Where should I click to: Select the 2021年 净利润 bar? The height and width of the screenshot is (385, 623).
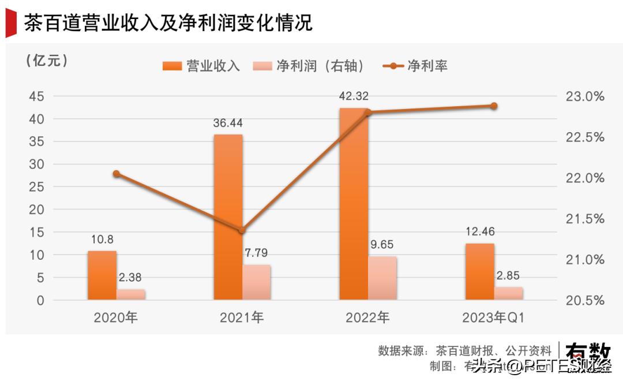click(256, 282)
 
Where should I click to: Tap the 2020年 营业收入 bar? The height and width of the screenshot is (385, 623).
click(102, 275)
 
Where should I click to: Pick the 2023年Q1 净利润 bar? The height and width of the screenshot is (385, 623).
click(508, 293)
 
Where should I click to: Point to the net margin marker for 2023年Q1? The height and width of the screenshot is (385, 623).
click(494, 106)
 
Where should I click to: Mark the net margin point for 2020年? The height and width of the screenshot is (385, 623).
click(117, 174)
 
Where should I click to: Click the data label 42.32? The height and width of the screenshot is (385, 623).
click(354, 96)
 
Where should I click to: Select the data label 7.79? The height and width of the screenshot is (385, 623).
click(256, 253)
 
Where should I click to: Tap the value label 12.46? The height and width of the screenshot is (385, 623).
click(479, 232)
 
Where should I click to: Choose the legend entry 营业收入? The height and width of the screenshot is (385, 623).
click(202, 66)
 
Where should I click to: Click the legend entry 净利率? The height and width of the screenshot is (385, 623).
click(415, 66)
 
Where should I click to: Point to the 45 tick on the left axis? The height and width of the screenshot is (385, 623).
click(36, 96)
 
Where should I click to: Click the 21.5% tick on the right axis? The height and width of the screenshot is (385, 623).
click(585, 219)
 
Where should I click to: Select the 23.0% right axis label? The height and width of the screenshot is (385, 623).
click(585, 96)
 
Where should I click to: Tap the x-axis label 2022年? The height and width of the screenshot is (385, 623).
click(367, 317)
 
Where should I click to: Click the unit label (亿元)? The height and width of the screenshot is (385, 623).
click(47, 60)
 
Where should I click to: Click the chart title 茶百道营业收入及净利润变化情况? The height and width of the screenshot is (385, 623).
click(167, 23)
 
